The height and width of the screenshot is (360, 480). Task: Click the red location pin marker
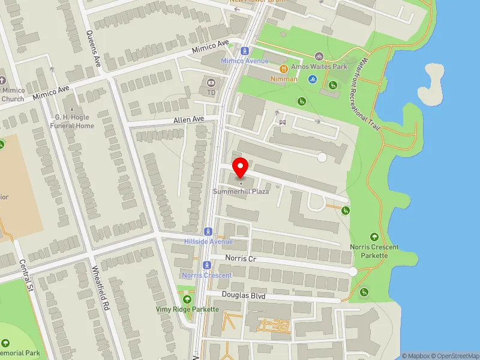241,167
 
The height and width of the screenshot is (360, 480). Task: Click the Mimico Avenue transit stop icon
244,51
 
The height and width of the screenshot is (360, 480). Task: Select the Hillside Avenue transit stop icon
208,231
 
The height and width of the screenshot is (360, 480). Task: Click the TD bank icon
211,83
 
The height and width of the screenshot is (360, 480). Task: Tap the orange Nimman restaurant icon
283,69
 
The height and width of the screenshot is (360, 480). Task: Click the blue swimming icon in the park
312,79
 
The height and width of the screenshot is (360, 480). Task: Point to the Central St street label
25,276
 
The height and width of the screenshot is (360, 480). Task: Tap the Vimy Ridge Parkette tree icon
187,299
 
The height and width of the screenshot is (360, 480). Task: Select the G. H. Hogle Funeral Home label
74,122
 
